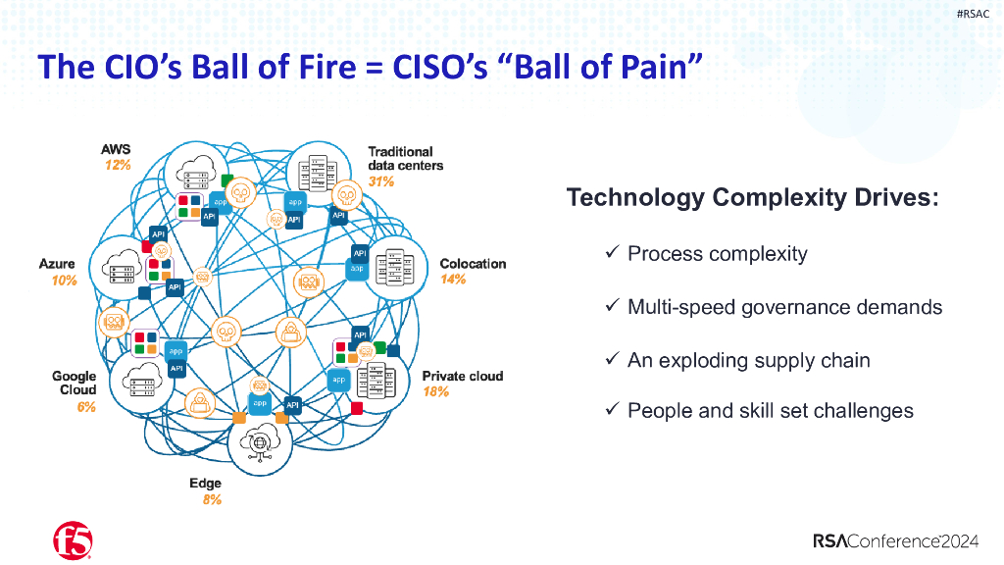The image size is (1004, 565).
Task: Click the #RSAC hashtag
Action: [x=976, y=15]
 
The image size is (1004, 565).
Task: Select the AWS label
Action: [x=116, y=150]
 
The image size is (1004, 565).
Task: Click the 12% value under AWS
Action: [x=118, y=166]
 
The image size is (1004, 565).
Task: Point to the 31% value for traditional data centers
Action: [x=381, y=181]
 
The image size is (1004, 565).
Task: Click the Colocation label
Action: [x=473, y=264]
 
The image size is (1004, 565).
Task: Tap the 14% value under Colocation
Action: [x=453, y=280]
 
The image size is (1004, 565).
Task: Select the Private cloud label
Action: [x=462, y=376]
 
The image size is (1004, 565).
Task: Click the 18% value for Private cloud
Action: [x=435, y=391]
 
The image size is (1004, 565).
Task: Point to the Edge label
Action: [x=205, y=483]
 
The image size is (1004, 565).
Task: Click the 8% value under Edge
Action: [x=212, y=499]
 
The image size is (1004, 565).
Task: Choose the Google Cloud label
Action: [x=75, y=383]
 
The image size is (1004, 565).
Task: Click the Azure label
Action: [x=57, y=264]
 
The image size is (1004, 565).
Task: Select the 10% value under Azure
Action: [x=64, y=281]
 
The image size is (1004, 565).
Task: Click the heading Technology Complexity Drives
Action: [x=753, y=198]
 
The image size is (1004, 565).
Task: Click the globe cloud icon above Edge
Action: [x=260, y=442]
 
